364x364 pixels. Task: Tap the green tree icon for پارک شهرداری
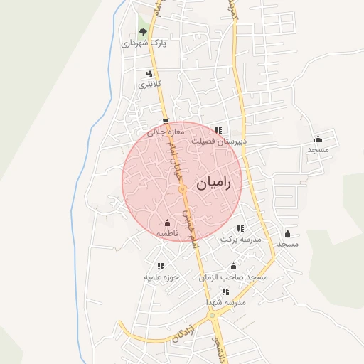tap(144, 32)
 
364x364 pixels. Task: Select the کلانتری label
tap(150, 84)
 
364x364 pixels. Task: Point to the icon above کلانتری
tap(149, 73)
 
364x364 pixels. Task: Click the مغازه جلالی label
tap(166, 132)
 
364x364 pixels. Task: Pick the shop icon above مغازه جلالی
tap(166, 122)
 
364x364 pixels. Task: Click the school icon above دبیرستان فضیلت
tap(219, 130)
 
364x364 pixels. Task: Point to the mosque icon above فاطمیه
tap(167, 223)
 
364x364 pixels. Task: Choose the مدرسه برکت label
tap(240, 239)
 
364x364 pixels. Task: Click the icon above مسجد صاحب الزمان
tap(233, 266)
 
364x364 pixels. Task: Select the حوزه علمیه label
tap(161, 277)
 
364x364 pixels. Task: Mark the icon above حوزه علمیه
tap(160, 266)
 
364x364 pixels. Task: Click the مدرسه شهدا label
tap(225, 302)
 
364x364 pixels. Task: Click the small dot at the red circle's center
tap(183, 191)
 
